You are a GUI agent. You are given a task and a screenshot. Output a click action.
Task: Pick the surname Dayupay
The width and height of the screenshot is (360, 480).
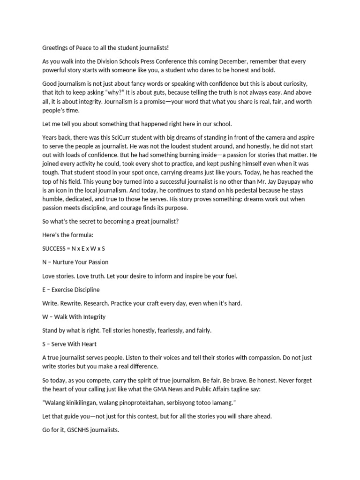pos(277,181)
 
